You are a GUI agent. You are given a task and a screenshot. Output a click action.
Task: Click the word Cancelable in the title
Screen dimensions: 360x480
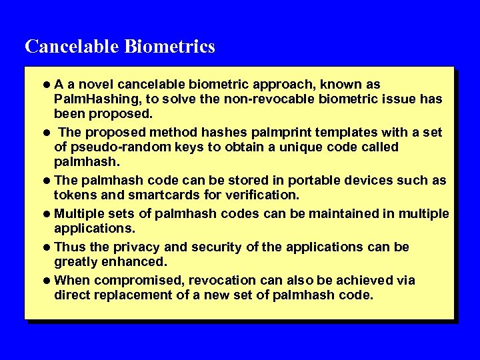[72, 47]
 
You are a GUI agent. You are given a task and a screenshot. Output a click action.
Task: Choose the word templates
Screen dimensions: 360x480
[319, 132]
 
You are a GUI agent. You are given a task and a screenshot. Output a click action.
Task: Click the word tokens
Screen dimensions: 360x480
[75, 195]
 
